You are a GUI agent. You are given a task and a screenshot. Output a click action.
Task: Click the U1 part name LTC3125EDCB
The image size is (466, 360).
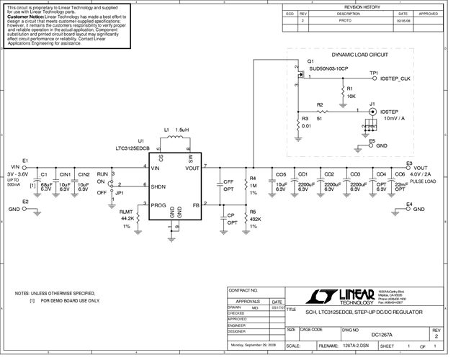tap(133, 148)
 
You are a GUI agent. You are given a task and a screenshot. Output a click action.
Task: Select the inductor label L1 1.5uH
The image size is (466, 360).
tap(176, 130)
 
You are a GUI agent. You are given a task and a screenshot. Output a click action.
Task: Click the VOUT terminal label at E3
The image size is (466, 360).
tap(421, 167)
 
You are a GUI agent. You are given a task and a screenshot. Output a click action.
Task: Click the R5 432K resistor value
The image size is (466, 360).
tap(254, 218)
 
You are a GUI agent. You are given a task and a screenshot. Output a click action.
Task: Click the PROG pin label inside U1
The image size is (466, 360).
tap(159, 204)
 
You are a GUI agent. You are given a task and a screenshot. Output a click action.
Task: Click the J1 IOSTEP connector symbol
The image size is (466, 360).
tap(372, 112)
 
